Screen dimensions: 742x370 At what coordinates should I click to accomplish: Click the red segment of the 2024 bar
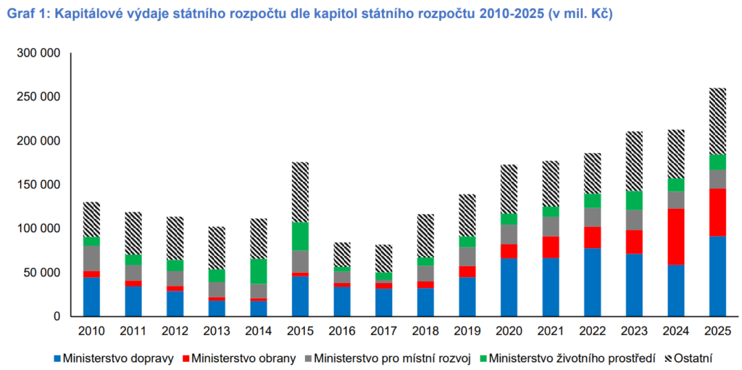point(676,237)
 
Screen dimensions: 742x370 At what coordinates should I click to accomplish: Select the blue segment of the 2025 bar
point(717,276)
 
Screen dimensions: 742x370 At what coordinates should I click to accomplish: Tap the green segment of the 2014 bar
point(259,271)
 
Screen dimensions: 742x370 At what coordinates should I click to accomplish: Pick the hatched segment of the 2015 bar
point(300,192)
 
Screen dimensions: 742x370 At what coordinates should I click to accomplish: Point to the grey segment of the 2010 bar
point(91,259)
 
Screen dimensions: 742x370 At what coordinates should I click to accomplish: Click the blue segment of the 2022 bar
point(593,282)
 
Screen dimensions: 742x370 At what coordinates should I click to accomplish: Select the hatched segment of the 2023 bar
point(634,161)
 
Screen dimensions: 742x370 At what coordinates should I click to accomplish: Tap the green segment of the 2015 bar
point(300,237)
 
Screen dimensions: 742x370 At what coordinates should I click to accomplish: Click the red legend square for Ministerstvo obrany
point(187,358)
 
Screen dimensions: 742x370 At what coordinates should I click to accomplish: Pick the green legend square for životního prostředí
point(483,358)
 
